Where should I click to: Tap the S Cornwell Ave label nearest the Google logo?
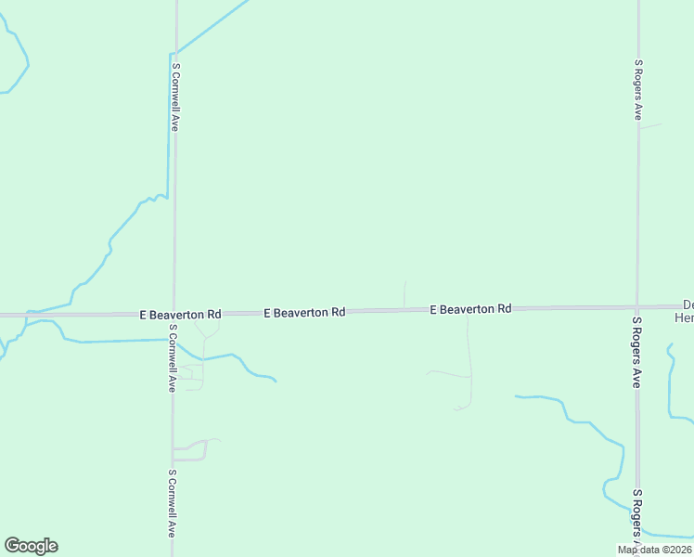[x=172, y=503]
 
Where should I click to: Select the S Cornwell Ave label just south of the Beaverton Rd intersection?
[x=172, y=357]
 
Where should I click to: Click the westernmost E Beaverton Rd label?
[x=180, y=315]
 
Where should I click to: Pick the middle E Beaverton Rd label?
[x=304, y=313]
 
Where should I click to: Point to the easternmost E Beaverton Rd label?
[x=470, y=308]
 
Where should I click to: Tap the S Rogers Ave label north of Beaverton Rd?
[x=638, y=90]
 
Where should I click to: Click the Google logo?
[x=31, y=546]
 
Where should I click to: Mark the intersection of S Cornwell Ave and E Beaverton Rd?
[x=173, y=315]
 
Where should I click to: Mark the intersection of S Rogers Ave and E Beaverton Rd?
[x=637, y=306]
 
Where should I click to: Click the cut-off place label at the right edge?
[x=685, y=311]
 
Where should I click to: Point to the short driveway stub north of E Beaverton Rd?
[x=405, y=293]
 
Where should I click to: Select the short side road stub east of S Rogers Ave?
[x=651, y=125]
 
